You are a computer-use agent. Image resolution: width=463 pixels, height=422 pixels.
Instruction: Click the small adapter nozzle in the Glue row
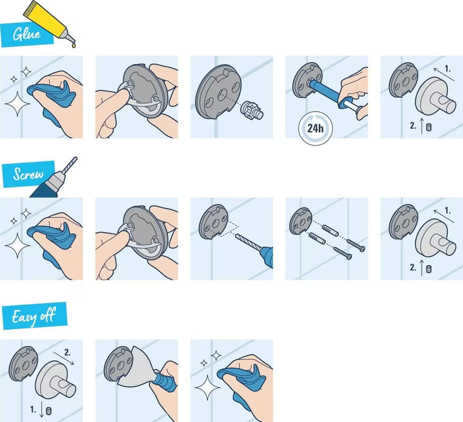click(250, 112)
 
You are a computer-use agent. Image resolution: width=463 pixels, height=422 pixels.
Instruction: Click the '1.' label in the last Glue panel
click(448, 69)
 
